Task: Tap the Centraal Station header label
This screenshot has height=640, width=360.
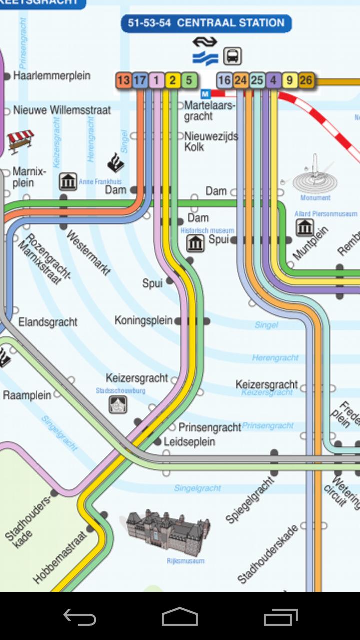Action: tap(206, 23)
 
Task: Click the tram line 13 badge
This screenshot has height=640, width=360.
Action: tap(124, 80)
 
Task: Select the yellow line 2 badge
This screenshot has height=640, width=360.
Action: tap(173, 80)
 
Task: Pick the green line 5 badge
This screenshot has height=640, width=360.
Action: tap(189, 80)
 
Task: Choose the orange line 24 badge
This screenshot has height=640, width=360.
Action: tap(241, 80)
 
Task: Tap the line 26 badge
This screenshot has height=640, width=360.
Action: tap(306, 80)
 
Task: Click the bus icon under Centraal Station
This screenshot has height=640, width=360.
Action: tap(232, 56)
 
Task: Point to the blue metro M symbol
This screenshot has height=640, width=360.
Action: tap(205, 94)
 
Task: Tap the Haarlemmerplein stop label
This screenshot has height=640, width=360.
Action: tap(52, 76)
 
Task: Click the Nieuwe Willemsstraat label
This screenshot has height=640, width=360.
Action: tap(62, 110)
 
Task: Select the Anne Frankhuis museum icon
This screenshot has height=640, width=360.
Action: tap(68, 182)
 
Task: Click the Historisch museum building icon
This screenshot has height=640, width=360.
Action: tap(195, 243)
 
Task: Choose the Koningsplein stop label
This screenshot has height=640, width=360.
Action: tap(143, 320)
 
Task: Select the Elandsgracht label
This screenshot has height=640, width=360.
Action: tap(48, 322)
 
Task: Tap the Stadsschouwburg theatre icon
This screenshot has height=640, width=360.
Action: tap(118, 404)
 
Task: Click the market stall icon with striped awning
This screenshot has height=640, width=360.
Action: tap(20, 140)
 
